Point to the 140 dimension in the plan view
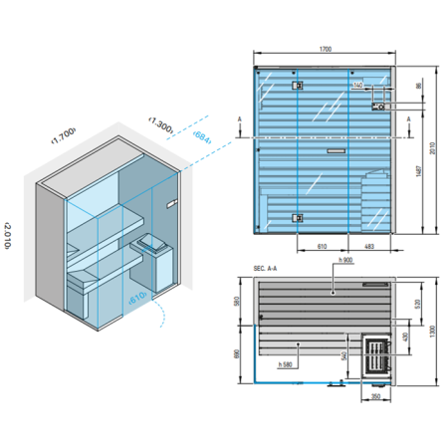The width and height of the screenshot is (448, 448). (x=358, y=87)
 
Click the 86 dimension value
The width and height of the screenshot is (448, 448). (x=419, y=88)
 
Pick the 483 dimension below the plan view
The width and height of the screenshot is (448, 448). (x=369, y=245)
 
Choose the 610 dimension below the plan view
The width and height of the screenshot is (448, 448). (x=323, y=245)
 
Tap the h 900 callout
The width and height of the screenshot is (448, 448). (x=345, y=261)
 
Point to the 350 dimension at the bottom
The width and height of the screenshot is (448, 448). (x=374, y=398)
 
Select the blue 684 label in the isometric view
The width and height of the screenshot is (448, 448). (x=201, y=136)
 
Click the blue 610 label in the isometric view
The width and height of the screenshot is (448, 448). (x=136, y=296)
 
